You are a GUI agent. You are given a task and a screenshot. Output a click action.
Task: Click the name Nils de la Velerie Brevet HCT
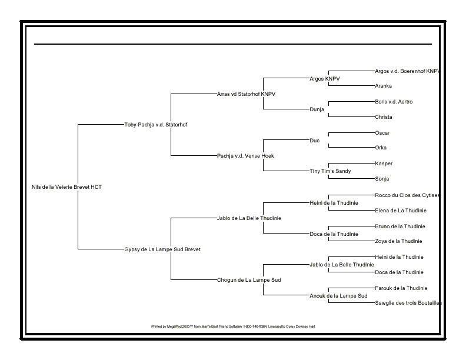tap(66, 187)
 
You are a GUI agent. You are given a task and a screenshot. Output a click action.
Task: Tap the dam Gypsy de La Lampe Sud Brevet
tap(162, 249)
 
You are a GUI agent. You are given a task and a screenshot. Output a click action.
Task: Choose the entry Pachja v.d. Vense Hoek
tap(245, 156)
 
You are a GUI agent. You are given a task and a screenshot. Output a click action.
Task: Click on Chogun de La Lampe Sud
tap(249, 280)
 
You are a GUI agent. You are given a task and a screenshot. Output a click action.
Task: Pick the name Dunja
tap(317, 109)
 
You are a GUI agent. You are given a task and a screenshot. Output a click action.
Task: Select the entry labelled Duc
tap(314, 141)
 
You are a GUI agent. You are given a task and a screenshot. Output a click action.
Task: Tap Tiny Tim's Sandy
tap(329, 171)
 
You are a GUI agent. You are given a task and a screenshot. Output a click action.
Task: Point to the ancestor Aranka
tap(383, 86)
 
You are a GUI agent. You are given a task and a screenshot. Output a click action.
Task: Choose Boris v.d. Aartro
tap(394, 102)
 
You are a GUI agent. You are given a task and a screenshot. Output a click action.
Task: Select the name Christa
tap(383, 117)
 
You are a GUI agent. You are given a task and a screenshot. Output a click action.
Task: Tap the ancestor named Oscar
tap(382, 133)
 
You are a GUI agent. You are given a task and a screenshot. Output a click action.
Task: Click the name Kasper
tap(384, 164)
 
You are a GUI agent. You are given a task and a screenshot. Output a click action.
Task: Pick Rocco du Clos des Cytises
tap(407, 195)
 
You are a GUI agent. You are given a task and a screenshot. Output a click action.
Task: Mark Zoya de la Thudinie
tap(398, 241)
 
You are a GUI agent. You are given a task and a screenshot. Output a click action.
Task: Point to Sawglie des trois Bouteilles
tap(408, 303)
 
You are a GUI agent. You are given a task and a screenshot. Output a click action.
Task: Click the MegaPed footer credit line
tap(233, 326)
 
